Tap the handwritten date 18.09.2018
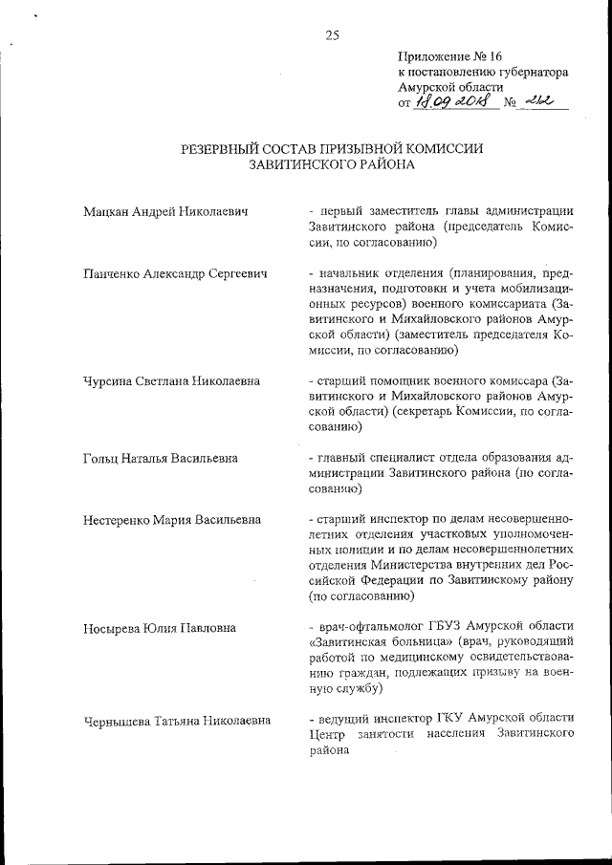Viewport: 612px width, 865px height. click(453, 103)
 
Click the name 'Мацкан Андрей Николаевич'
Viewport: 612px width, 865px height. click(164, 211)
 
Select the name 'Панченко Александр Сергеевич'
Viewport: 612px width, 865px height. click(175, 273)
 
